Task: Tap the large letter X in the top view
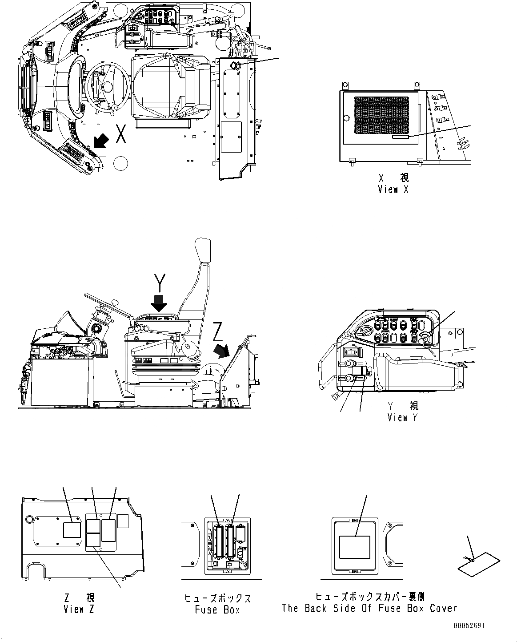(x=120, y=134)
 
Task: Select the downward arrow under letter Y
(x=158, y=303)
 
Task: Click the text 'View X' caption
(x=393, y=190)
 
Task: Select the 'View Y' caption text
(x=402, y=418)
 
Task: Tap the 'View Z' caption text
(x=79, y=610)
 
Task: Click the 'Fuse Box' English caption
(x=217, y=610)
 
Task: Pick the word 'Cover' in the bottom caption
(x=443, y=608)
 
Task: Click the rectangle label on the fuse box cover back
(x=355, y=547)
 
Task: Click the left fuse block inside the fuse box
(x=219, y=541)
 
